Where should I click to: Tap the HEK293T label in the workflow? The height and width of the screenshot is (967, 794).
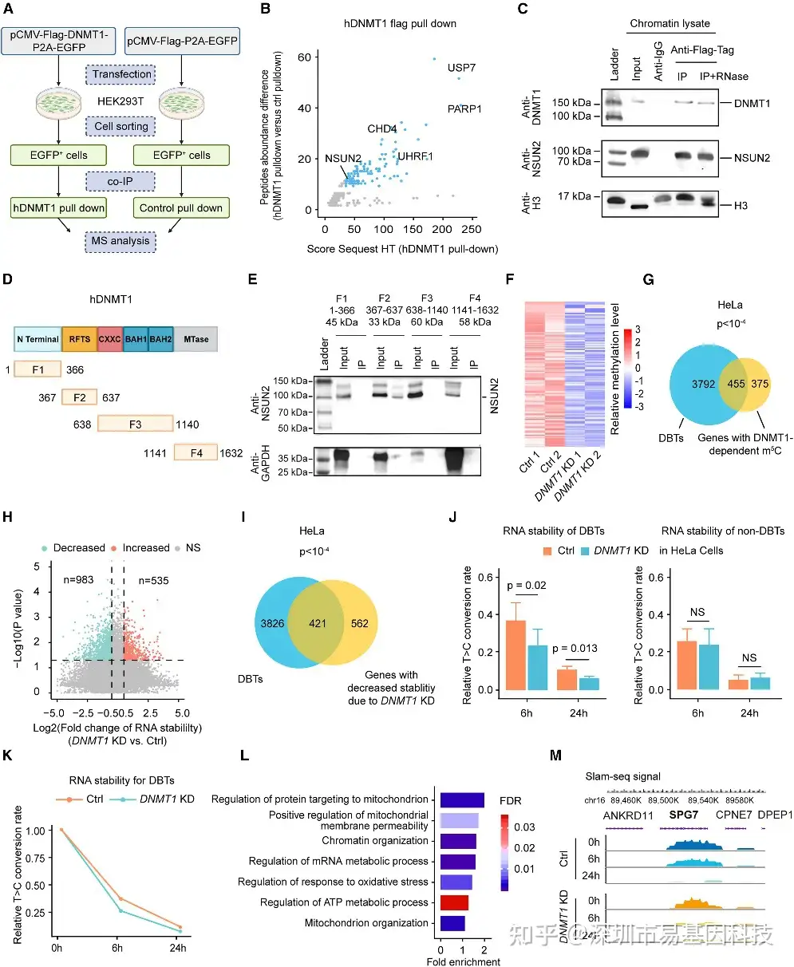pos(120,101)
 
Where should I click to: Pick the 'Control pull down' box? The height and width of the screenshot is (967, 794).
pos(180,208)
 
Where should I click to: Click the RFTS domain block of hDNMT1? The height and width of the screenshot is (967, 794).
pos(79,339)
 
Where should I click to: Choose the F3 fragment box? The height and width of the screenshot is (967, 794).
pos(134,425)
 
